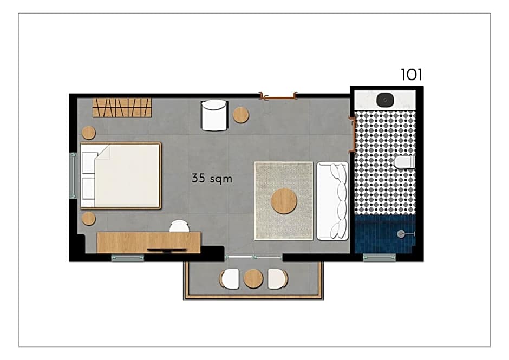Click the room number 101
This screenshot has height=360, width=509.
pyautogui.click(x=412, y=75)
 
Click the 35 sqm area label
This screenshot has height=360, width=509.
pyautogui.click(x=212, y=178)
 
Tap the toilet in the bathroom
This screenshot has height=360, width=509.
pyautogui.click(x=404, y=162)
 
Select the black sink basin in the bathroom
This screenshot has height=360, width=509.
pyautogui.click(x=385, y=100)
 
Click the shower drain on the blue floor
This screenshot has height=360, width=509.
pyautogui.click(x=401, y=234)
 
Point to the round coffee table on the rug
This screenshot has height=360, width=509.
pyautogui.click(x=284, y=201)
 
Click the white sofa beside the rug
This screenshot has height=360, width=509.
pyautogui.click(x=332, y=201)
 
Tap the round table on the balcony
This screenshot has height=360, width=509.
pyautogui.click(x=253, y=278)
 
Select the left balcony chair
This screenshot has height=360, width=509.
pyautogui.click(x=230, y=278)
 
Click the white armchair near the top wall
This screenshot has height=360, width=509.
pyautogui.click(x=214, y=115)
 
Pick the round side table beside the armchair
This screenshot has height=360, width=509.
pyautogui.click(x=241, y=115)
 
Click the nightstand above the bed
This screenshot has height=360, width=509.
pyautogui.click(x=89, y=133)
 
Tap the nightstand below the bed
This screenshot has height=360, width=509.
pyautogui.click(x=89, y=219)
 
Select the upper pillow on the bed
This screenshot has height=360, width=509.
pyautogui.click(x=89, y=162)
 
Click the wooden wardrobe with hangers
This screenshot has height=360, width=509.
pyautogui.click(x=122, y=107)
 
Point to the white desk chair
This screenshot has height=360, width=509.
pyautogui.click(x=179, y=226)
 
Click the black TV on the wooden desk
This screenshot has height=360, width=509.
pyautogui.click(x=167, y=250)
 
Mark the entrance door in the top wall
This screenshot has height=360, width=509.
pyautogui.click(x=278, y=96)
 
